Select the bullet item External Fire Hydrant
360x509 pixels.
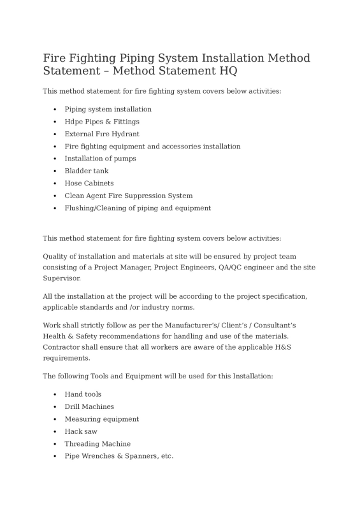coord(101,134)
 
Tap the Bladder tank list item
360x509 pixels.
coord(86,171)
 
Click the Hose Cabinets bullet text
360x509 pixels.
coord(89,183)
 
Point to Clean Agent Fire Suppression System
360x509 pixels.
coord(128,196)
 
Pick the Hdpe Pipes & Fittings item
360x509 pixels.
coord(101,122)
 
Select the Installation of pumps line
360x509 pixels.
coord(100,159)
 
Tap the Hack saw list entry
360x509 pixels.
coord(80,431)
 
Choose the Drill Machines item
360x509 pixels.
coord(89,406)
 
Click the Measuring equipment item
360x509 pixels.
coord(101,419)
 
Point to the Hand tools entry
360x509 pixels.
coord(83,394)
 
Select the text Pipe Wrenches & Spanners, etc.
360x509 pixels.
coord(119,456)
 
